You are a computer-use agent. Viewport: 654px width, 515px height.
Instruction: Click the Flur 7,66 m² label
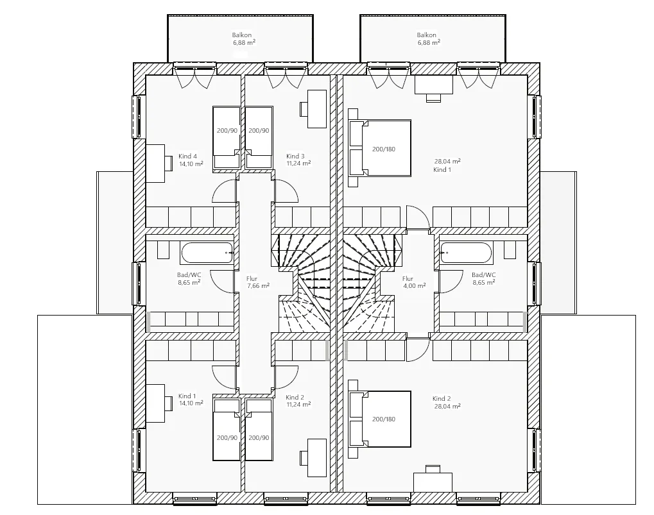coord(258,282)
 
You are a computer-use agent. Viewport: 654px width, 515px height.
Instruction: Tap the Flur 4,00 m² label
coord(414,282)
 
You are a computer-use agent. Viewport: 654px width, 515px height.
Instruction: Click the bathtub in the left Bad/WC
coord(207,253)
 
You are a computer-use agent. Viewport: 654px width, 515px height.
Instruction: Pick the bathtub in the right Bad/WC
coord(467,253)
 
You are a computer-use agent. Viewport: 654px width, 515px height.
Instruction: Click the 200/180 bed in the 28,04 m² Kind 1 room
coord(380,148)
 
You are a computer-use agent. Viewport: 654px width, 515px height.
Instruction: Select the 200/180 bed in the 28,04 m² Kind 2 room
coord(380,419)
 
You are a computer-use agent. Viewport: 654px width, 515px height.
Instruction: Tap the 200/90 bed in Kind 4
coord(227,137)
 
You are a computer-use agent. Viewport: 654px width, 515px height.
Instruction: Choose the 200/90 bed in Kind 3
coord(259,137)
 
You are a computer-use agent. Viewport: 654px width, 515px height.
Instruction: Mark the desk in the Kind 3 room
coord(313,109)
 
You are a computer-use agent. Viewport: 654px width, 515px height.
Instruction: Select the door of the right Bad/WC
coord(451,282)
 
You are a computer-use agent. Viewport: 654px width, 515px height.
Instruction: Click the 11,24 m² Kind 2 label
coord(298,401)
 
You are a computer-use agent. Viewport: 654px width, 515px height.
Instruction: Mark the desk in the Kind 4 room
coord(159,163)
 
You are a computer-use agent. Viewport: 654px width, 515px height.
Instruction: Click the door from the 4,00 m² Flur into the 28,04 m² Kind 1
coord(418,217)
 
